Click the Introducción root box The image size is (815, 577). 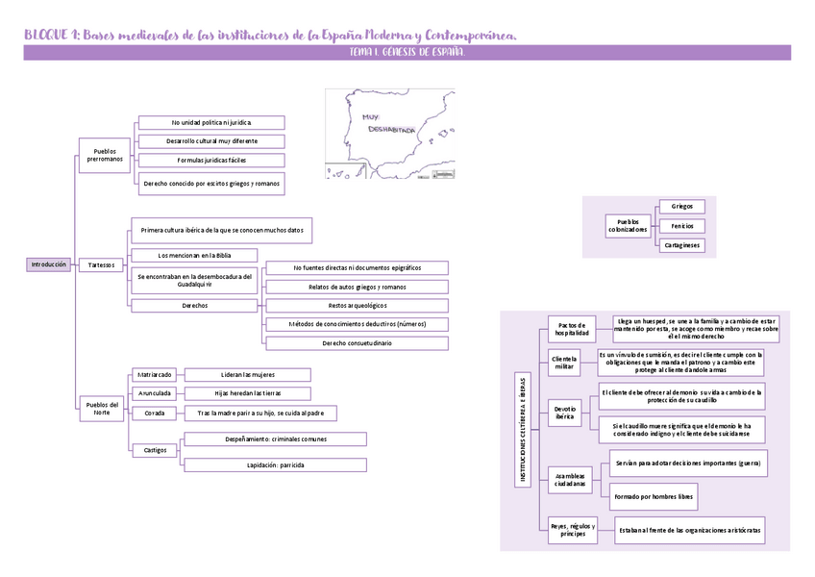point(48,264)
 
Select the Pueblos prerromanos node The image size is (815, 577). point(105,155)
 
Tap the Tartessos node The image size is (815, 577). point(100,264)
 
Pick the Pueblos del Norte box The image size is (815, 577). point(102,409)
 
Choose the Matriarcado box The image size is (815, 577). point(154,374)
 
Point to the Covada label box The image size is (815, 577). point(154,413)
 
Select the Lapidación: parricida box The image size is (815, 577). point(275,464)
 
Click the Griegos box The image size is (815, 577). point(681,206)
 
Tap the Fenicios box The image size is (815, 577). point(681,226)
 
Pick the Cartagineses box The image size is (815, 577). point(681,245)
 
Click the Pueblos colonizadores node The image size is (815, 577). point(628,226)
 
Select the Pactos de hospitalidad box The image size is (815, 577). point(572,328)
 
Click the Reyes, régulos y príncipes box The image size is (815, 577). point(573,530)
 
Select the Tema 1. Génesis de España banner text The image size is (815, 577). point(407,53)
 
